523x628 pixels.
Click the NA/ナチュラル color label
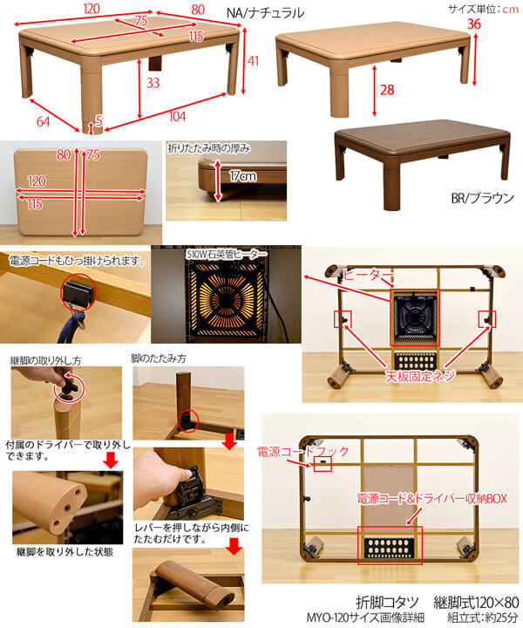(265, 13)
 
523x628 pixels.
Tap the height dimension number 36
(474, 24)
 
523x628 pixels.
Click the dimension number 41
(255, 61)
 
